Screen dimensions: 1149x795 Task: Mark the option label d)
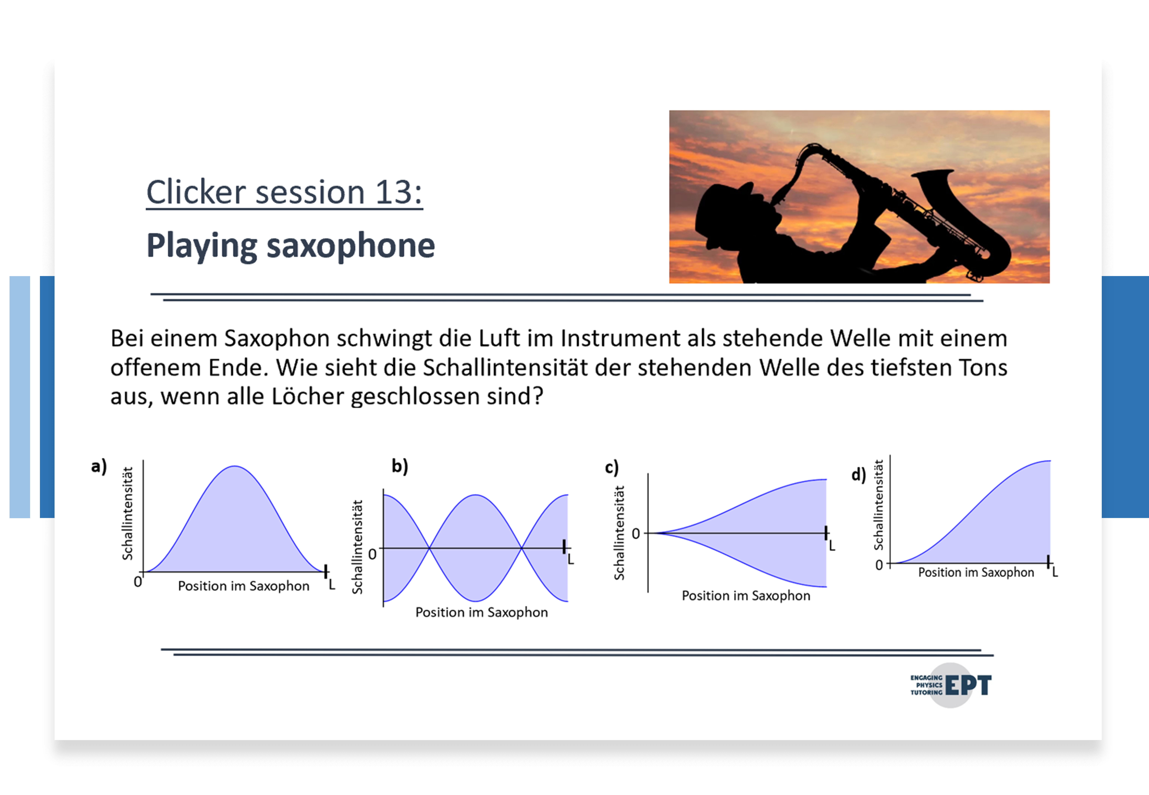pos(858,475)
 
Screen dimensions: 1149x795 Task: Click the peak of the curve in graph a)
pos(235,466)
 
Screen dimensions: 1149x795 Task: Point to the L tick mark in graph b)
pos(564,546)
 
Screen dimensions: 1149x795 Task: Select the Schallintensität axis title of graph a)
pos(128,514)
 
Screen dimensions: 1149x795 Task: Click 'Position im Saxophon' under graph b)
pos(481,612)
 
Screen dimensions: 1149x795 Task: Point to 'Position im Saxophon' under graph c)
pos(746,596)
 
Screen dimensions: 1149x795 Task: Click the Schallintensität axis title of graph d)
pos(878,505)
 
